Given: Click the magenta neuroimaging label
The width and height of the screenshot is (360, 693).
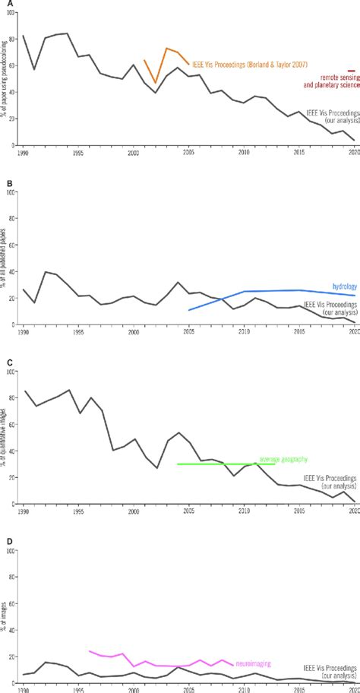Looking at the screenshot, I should pos(254,663).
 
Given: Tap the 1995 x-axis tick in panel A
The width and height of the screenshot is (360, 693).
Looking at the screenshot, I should pos(78,153).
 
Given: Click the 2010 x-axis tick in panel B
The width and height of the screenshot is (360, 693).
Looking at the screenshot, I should pos(244,332).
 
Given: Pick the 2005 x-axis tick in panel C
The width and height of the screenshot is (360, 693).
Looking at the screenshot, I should pos(188,511).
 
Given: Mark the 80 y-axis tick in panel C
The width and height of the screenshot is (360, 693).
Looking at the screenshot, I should pos(14,398).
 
